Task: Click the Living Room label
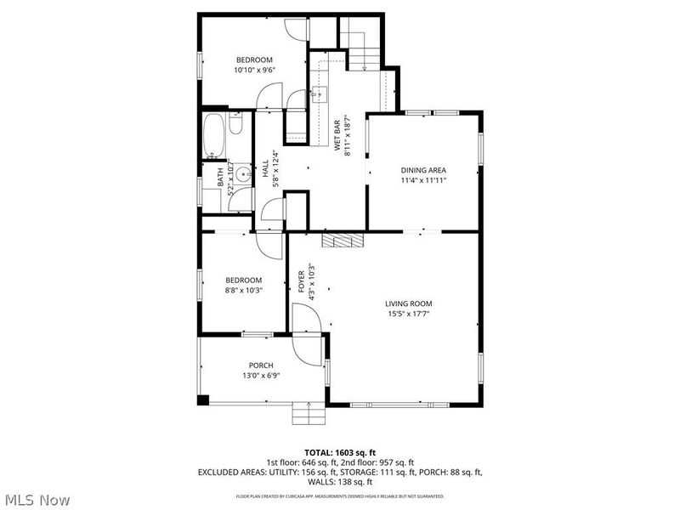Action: click(x=409, y=303)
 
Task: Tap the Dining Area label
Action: click(x=423, y=170)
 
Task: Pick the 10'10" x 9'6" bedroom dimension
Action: click(x=254, y=71)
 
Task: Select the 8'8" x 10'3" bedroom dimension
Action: click(x=243, y=291)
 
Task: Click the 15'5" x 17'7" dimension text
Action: click(x=409, y=314)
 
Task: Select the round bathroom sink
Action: click(x=243, y=176)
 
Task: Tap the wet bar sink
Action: click(x=320, y=93)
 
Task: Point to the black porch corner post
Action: click(x=202, y=400)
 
